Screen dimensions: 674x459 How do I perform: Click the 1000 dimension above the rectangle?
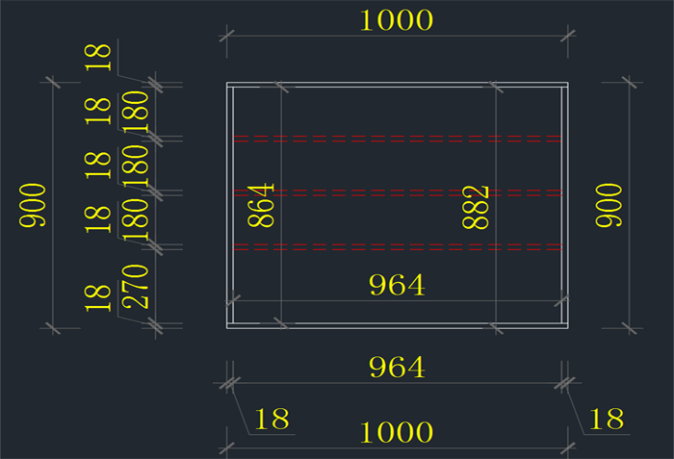[396, 19]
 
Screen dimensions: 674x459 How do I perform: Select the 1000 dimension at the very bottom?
[396, 432]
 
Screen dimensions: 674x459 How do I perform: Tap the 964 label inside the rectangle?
[397, 285]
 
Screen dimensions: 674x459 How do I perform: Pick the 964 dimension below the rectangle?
[397, 367]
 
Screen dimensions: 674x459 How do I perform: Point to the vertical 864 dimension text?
[262, 205]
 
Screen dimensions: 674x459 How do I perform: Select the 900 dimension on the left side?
[34, 205]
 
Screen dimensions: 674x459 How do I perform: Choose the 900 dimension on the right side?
[609, 205]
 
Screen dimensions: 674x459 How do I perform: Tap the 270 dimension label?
[136, 286]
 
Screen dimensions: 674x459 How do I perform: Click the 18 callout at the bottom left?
[272, 419]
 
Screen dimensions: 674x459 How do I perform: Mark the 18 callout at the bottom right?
[607, 419]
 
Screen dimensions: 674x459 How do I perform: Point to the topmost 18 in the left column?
[98, 57]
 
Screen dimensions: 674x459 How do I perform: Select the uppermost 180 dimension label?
[136, 111]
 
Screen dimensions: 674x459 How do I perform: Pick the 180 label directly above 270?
[136, 219]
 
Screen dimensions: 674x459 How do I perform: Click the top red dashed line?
[397, 140]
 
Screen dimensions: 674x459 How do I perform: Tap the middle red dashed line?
[397, 192]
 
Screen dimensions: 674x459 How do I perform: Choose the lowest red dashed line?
[397, 246]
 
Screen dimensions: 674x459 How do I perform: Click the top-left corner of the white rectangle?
[227, 84]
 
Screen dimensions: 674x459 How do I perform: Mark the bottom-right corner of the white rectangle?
[567, 327]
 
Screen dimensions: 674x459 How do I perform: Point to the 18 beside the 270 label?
[98, 297]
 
